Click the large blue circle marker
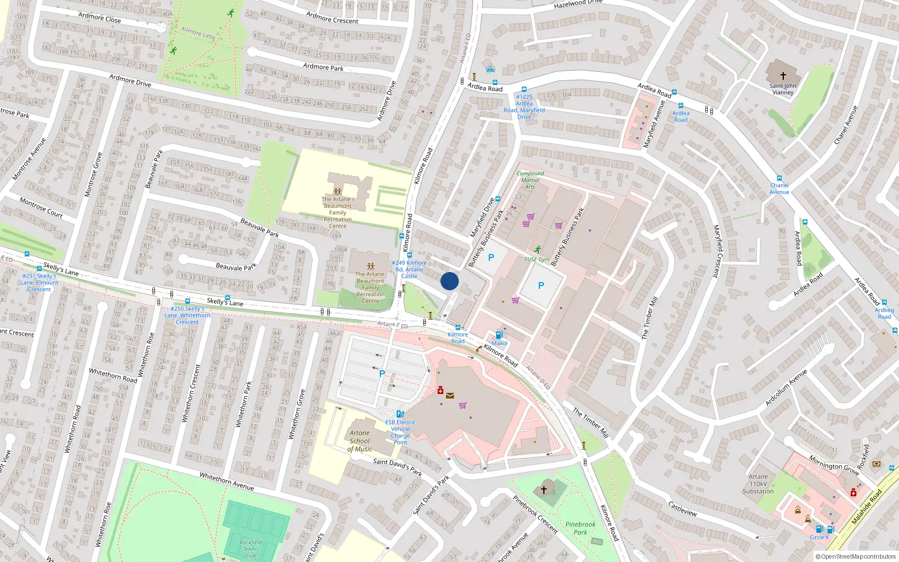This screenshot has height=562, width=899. click(449, 281)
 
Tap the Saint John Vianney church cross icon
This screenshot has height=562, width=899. click(783, 75)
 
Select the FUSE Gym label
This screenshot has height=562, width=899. click(537, 260)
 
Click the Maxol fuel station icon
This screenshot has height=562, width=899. click(499, 336)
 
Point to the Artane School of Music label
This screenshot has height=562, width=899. click(360, 441)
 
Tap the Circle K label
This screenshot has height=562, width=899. click(819, 537)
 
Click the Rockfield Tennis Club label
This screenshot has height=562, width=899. click(251, 549)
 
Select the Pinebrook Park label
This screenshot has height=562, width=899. click(580, 528)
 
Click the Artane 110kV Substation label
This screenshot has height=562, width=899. click(758, 484)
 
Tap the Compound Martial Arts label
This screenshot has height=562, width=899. click(530, 180)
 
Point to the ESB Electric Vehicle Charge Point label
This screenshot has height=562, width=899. click(400, 432)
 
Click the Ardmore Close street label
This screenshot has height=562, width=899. click(99, 18)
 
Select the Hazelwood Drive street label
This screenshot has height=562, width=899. click(578, 4)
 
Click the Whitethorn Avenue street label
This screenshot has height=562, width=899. click(226, 482)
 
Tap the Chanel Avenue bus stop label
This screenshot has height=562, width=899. click(779, 188)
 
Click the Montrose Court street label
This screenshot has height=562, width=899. click(41, 207)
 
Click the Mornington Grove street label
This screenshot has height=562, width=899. click(834, 465)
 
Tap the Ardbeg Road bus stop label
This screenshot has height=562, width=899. click(884, 313)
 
